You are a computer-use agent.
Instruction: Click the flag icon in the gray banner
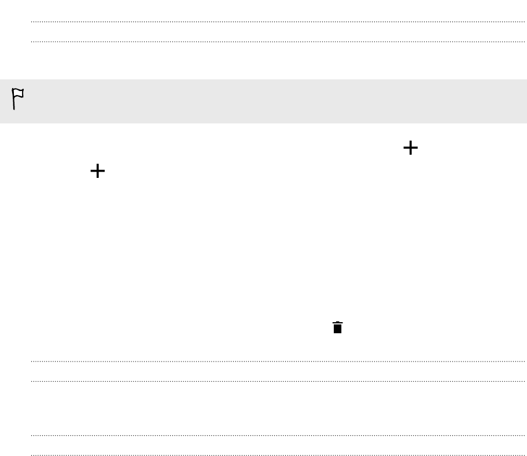[18, 99]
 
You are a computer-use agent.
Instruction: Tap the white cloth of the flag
[19, 94]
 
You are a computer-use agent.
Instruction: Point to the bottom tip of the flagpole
[14, 109]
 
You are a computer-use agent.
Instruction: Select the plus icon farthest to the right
[410, 148]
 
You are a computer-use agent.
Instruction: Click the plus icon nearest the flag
[98, 171]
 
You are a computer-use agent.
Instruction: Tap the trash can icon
[338, 327]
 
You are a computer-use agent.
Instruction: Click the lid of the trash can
[338, 323]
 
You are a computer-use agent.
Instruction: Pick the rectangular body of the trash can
[338, 329]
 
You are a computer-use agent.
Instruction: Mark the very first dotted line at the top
[278, 22]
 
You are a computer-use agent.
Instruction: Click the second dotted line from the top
[278, 42]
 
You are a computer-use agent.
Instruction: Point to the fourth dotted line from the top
[278, 381]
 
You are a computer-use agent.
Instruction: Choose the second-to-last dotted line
[278, 435]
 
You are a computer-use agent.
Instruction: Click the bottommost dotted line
[278, 455]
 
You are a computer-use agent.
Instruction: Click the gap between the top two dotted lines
[278, 32]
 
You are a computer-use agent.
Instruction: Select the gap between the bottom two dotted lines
[278, 445]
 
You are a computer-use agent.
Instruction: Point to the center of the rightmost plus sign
[410, 148]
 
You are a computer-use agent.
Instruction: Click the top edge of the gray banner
[263, 80]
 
